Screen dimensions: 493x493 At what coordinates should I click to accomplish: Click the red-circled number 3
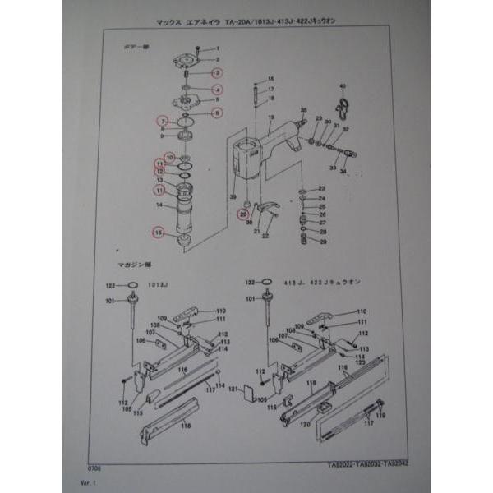tap(218, 74)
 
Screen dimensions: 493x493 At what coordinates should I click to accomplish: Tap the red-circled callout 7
tap(164, 121)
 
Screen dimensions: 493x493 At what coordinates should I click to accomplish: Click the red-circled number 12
tap(161, 173)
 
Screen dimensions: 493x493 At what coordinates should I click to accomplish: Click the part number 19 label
tap(270, 119)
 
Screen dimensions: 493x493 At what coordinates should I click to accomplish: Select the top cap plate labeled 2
tap(190, 60)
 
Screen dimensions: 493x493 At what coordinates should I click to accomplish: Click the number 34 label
tap(343, 171)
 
